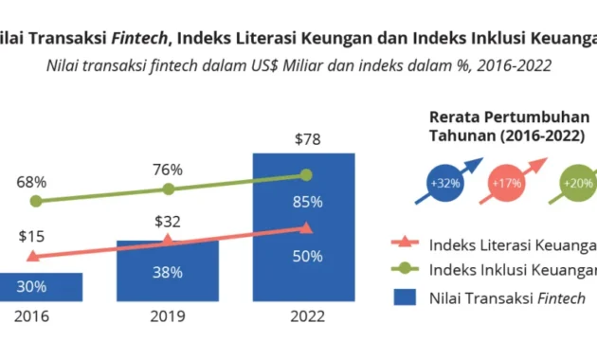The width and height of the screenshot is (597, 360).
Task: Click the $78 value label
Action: tap(305, 140)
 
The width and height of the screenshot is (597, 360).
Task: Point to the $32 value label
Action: tap(168, 224)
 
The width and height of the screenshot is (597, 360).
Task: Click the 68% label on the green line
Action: tap(32, 180)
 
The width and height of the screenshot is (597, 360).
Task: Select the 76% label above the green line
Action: tap(168, 170)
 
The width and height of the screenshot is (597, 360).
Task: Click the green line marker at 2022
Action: tap(305, 174)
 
